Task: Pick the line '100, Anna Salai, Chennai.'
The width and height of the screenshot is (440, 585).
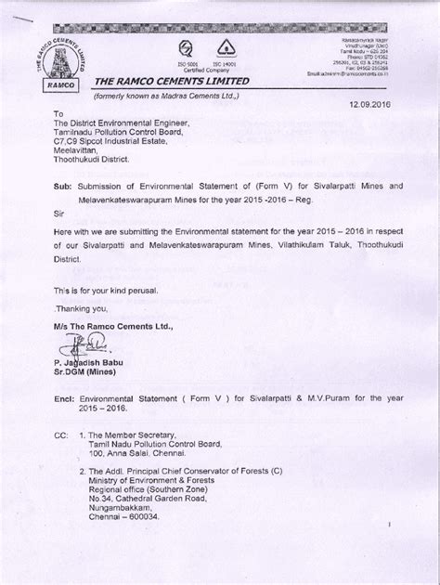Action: (x=156, y=456)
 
